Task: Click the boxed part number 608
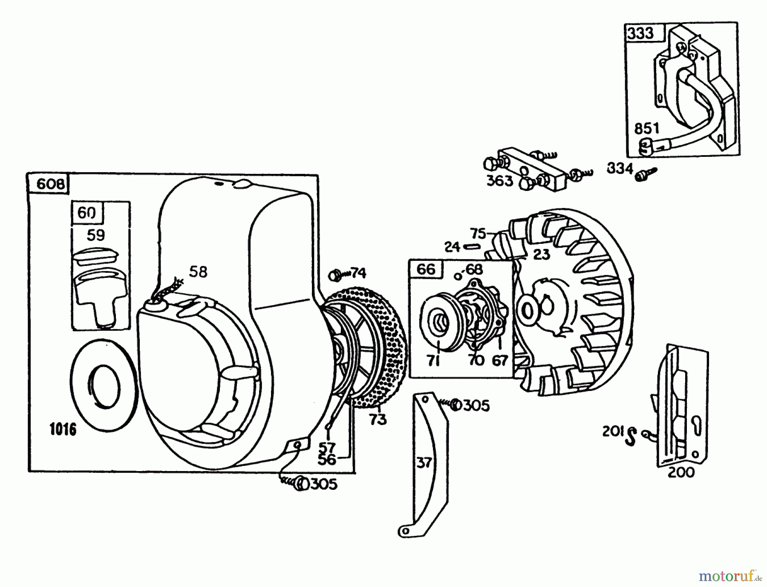[51, 184]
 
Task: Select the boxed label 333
[640, 33]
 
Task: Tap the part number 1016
[63, 429]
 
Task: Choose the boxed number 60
[87, 213]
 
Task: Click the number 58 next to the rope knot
[198, 272]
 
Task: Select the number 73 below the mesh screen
[378, 419]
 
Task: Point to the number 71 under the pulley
[434, 361]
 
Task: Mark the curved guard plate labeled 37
[424, 463]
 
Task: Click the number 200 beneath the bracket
[680, 472]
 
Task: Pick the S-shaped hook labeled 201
[630, 436]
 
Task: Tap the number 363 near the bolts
[499, 181]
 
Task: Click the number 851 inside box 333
[646, 128]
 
